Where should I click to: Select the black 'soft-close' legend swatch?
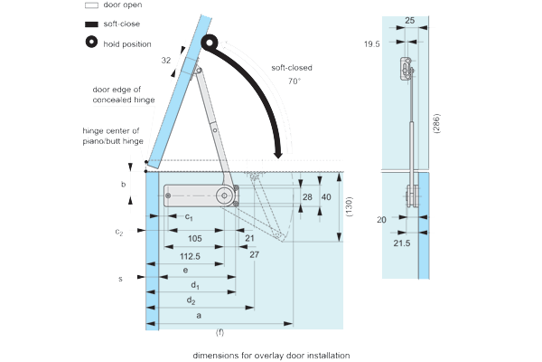(92, 24)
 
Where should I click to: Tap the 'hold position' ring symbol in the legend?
(92, 43)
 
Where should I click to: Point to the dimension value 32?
(166, 60)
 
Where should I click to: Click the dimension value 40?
(326, 197)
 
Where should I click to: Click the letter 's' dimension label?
(120, 278)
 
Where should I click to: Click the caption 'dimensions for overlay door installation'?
(270, 355)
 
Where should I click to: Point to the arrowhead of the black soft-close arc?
(281, 149)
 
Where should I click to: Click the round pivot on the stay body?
(222, 195)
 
